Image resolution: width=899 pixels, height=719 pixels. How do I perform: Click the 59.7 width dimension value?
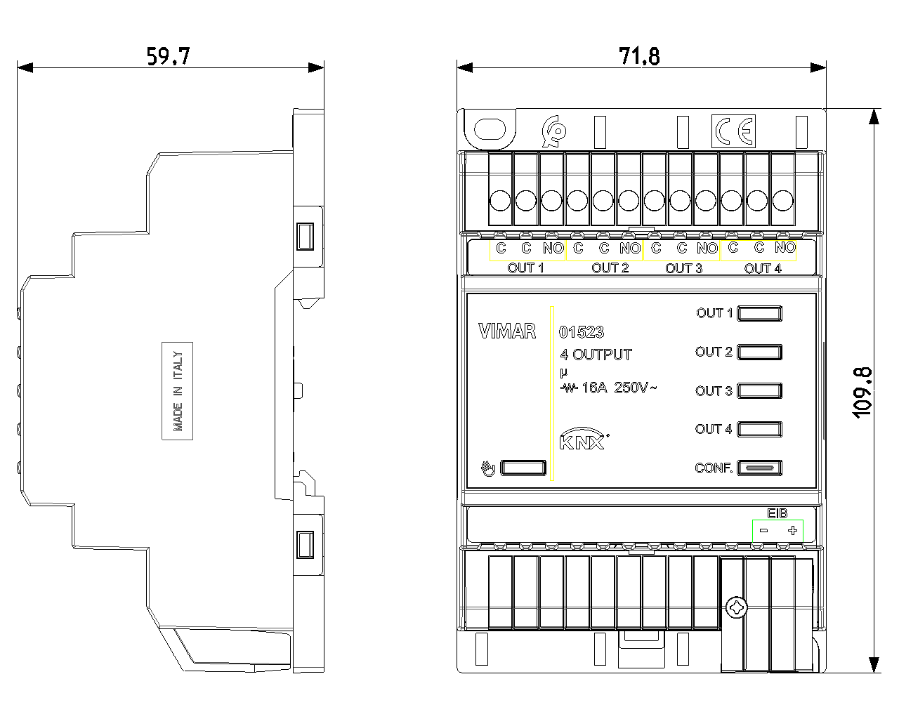pos(168,56)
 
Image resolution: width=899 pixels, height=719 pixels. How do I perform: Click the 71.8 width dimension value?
pos(638,56)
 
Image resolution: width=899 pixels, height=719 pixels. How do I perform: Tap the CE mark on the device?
pos(734,131)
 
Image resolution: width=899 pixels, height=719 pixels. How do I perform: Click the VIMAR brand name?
pos(507,331)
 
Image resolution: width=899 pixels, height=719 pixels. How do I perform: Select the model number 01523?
pos(581,332)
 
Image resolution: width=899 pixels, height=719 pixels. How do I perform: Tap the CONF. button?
pos(759,468)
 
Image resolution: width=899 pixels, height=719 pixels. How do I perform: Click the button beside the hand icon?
pos(523,468)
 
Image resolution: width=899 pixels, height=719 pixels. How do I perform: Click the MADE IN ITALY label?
pos(178,390)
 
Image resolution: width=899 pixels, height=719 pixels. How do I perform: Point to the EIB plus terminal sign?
pos(792,531)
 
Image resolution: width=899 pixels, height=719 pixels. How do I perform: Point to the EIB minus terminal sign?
pos(763,531)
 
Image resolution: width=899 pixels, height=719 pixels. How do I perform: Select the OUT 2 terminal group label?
pos(610,268)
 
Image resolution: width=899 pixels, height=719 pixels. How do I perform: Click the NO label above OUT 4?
pos(785,247)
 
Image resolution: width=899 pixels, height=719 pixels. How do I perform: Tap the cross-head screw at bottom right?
pos(736,607)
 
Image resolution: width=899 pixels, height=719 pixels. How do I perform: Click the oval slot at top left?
pos(490,129)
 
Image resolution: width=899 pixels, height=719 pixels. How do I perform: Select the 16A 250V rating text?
pos(608,388)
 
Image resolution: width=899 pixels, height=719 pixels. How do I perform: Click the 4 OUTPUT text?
pos(596,355)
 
